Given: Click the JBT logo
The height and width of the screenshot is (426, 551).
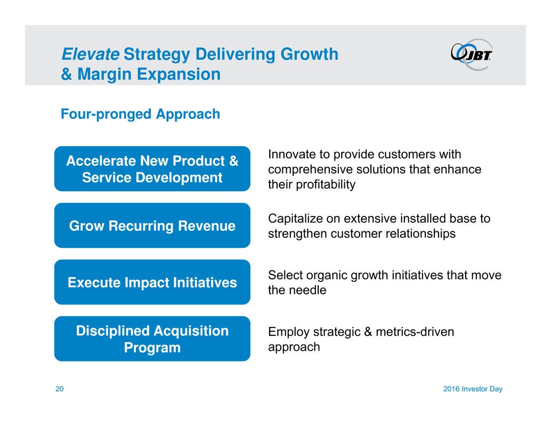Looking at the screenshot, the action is (x=472, y=54).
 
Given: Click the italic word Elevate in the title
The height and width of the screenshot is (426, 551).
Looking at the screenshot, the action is (x=90, y=54).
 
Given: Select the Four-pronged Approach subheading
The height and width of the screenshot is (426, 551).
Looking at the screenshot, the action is (x=140, y=114).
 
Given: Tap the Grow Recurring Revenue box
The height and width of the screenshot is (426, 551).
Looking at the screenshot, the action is (x=152, y=226).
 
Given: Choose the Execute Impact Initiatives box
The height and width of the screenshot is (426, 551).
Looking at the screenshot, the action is (x=152, y=282).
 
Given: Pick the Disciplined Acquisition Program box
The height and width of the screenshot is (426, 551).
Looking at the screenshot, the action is (x=152, y=339).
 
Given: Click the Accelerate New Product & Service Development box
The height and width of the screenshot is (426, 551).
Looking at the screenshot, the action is (x=152, y=168).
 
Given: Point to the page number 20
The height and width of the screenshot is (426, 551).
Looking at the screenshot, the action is (x=59, y=389).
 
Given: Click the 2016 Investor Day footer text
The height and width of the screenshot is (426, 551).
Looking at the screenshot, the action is (x=473, y=389).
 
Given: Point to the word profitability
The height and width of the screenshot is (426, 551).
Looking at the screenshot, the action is (x=326, y=184).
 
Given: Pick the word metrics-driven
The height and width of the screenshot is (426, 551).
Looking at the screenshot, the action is (x=415, y=332).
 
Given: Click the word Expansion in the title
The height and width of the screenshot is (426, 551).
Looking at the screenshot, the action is (x=179, y=75).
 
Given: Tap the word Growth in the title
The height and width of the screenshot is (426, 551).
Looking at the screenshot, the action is (x=309, y=54).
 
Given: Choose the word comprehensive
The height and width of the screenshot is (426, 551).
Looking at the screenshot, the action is (x=311, y=170).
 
